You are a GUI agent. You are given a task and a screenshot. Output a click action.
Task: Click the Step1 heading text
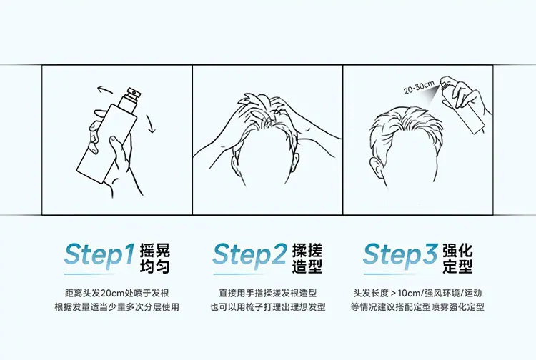click(x=99, y=255)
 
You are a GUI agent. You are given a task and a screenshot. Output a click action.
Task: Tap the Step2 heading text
click(x=249, y=255)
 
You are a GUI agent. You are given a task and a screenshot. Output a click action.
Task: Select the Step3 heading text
click(x=400, y=255)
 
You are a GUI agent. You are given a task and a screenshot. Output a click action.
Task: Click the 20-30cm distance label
click(x=419, y=86)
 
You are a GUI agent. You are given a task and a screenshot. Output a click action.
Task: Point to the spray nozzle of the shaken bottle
click(x=134, y=92)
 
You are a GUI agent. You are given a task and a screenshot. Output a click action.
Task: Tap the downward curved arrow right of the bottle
click(x=150, y=124)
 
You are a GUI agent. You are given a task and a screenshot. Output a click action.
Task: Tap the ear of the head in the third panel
click(x=375, y=166)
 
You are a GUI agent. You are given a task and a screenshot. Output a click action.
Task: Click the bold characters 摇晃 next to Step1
click(x=155, y=251)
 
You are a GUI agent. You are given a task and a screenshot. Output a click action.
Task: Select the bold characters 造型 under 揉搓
click(x=307, y=266)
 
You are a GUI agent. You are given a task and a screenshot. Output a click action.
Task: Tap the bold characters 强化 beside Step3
click(x=457, y=251)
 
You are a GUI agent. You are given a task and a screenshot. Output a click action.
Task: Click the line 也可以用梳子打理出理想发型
click(x=268, y=307)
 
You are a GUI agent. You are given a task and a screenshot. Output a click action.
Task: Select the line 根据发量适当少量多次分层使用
click(x=117, y=307)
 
